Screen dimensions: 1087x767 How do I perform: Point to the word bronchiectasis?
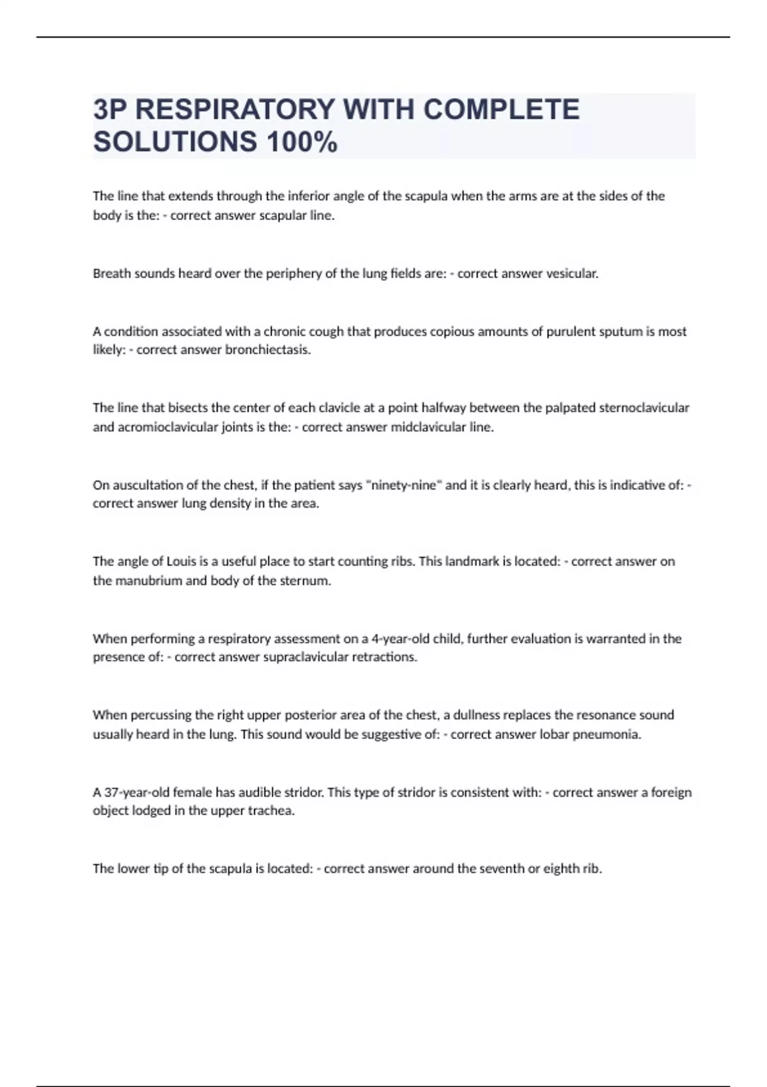268,350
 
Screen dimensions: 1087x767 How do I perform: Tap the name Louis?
182,561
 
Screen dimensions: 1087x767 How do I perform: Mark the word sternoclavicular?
644,408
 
